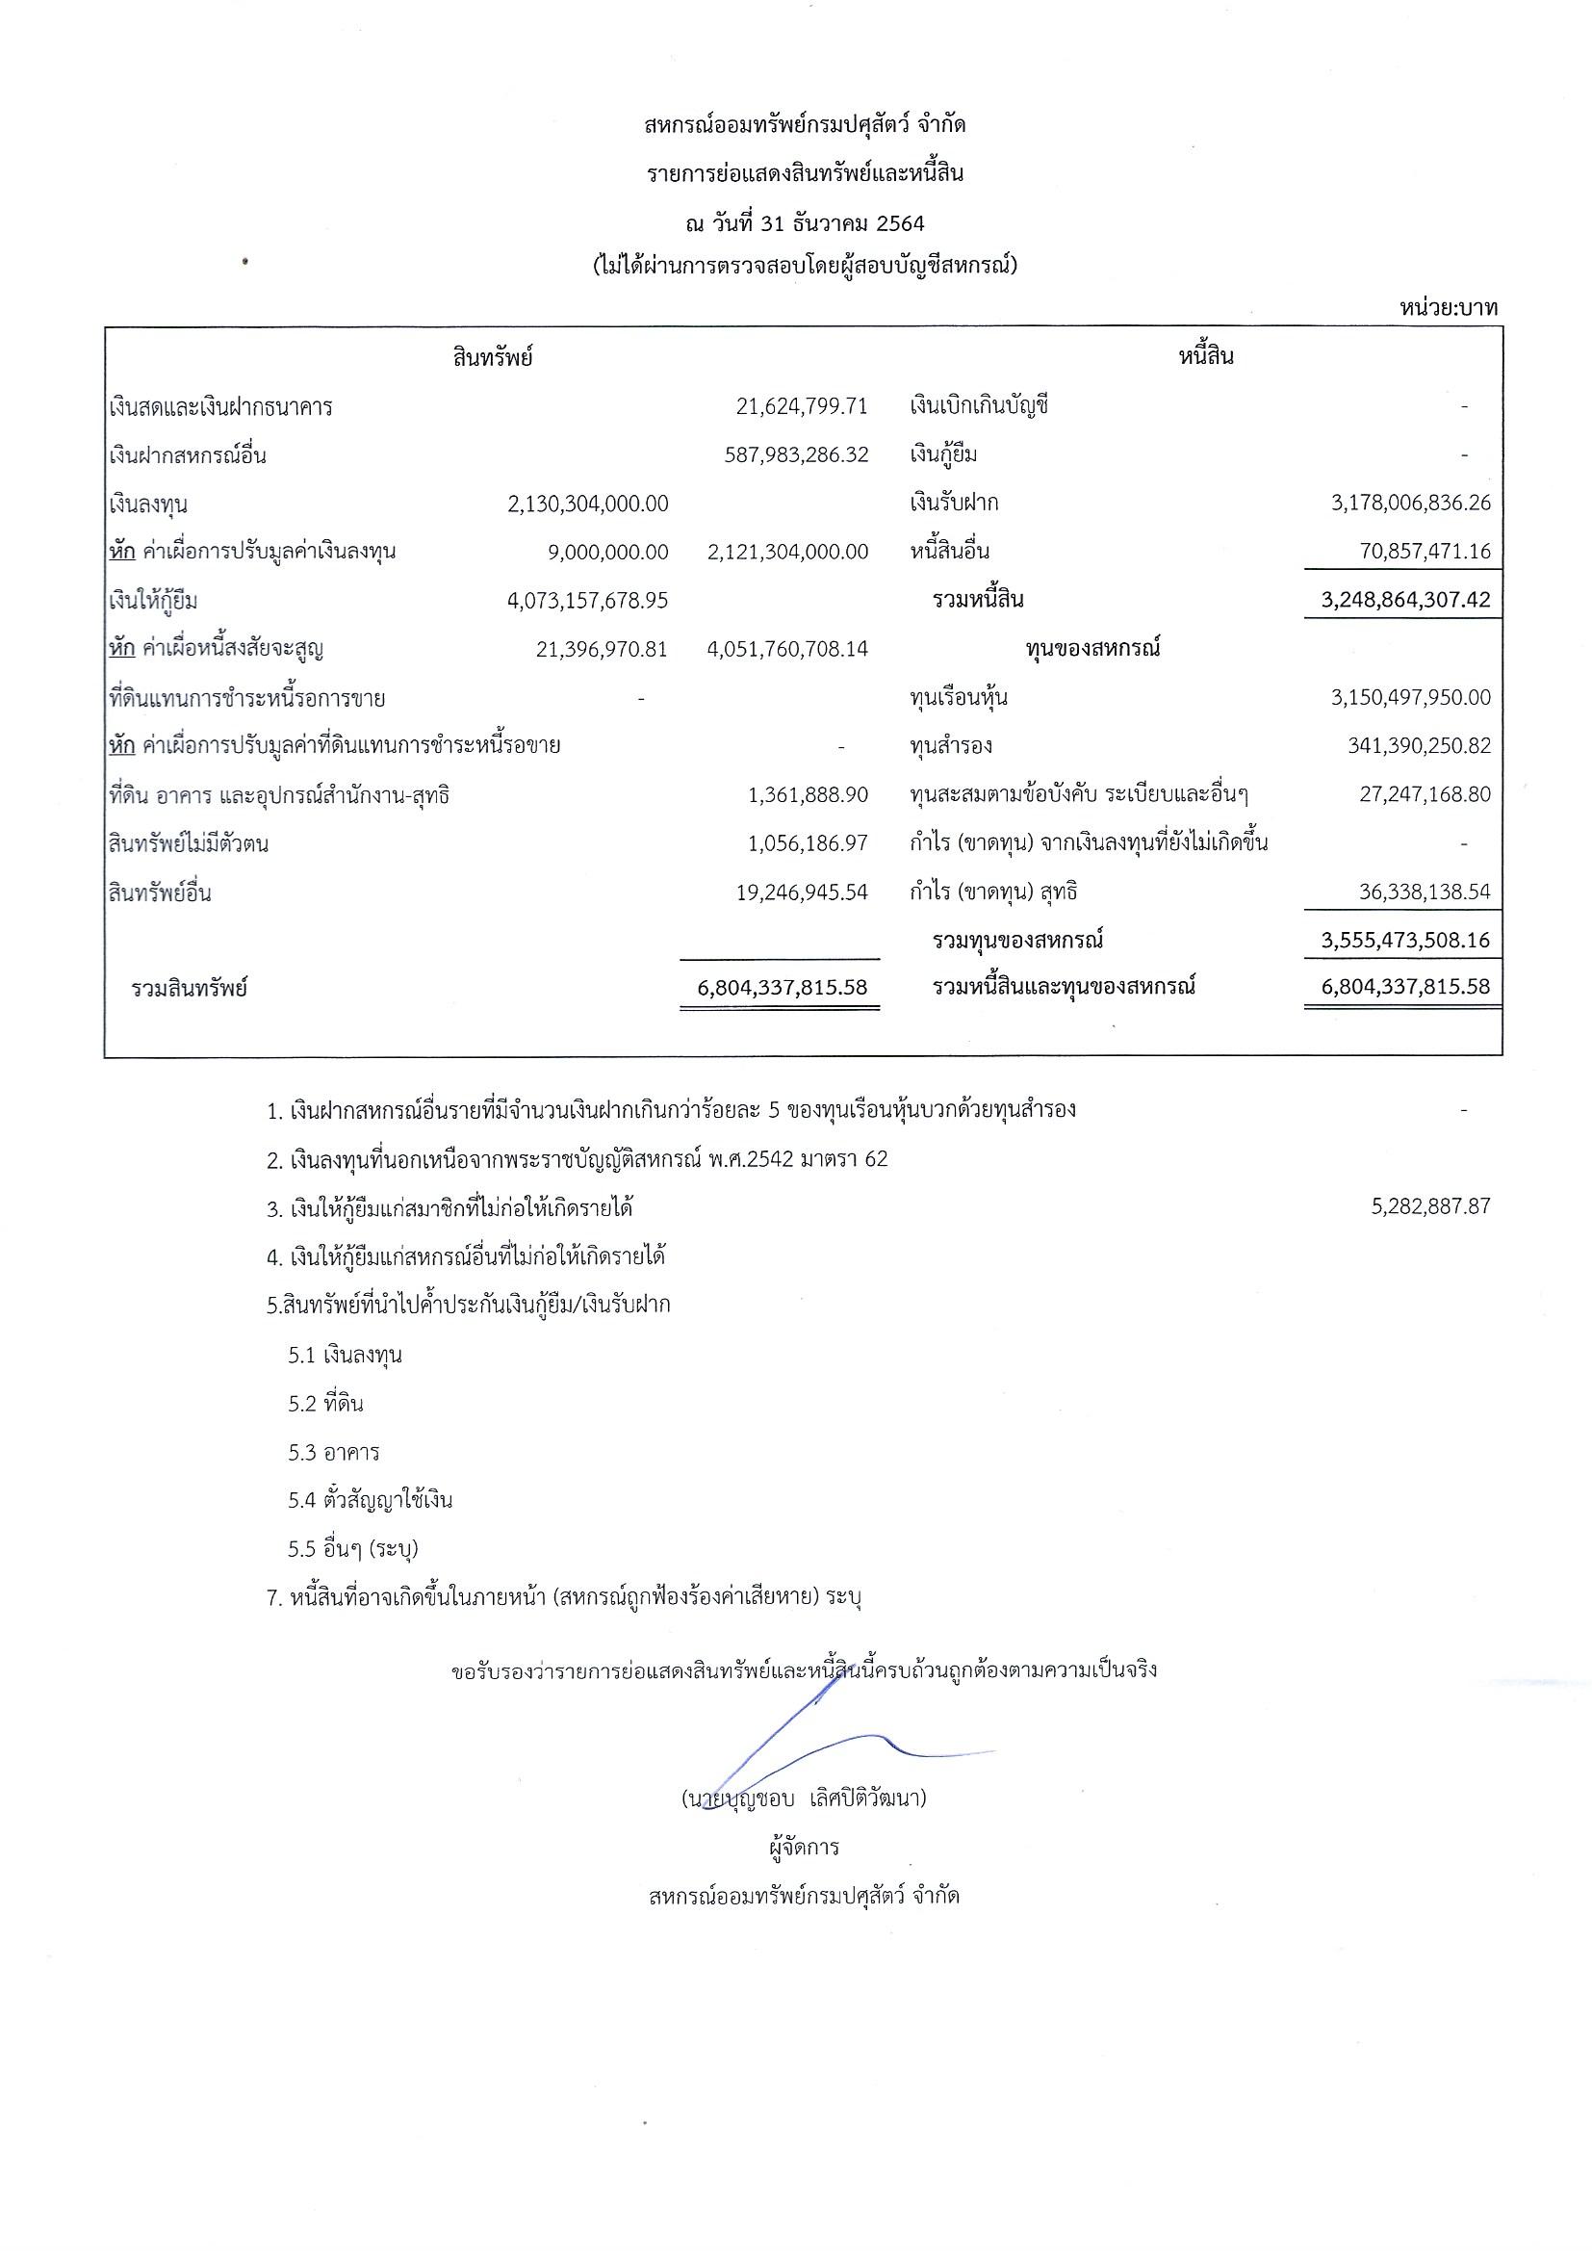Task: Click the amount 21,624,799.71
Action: [x=802, y=406]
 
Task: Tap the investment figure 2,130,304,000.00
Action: [x=588, y=504]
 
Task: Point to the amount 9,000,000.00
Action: [x=608, y=552]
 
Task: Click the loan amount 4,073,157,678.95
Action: [x=588, y=600]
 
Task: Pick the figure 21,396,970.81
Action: [x=602, y=649]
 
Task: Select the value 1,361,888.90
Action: [x=808, y=795]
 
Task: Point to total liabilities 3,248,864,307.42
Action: [x=1405, y=600]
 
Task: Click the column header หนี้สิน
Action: [x=1205, y=357]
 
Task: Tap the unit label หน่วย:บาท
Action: [x=1449, y=308]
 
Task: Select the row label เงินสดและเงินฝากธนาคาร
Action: [x=220, y=407]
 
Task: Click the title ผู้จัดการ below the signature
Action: [x=804, y=1848]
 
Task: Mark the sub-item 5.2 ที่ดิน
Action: [x=325, y=1404]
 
